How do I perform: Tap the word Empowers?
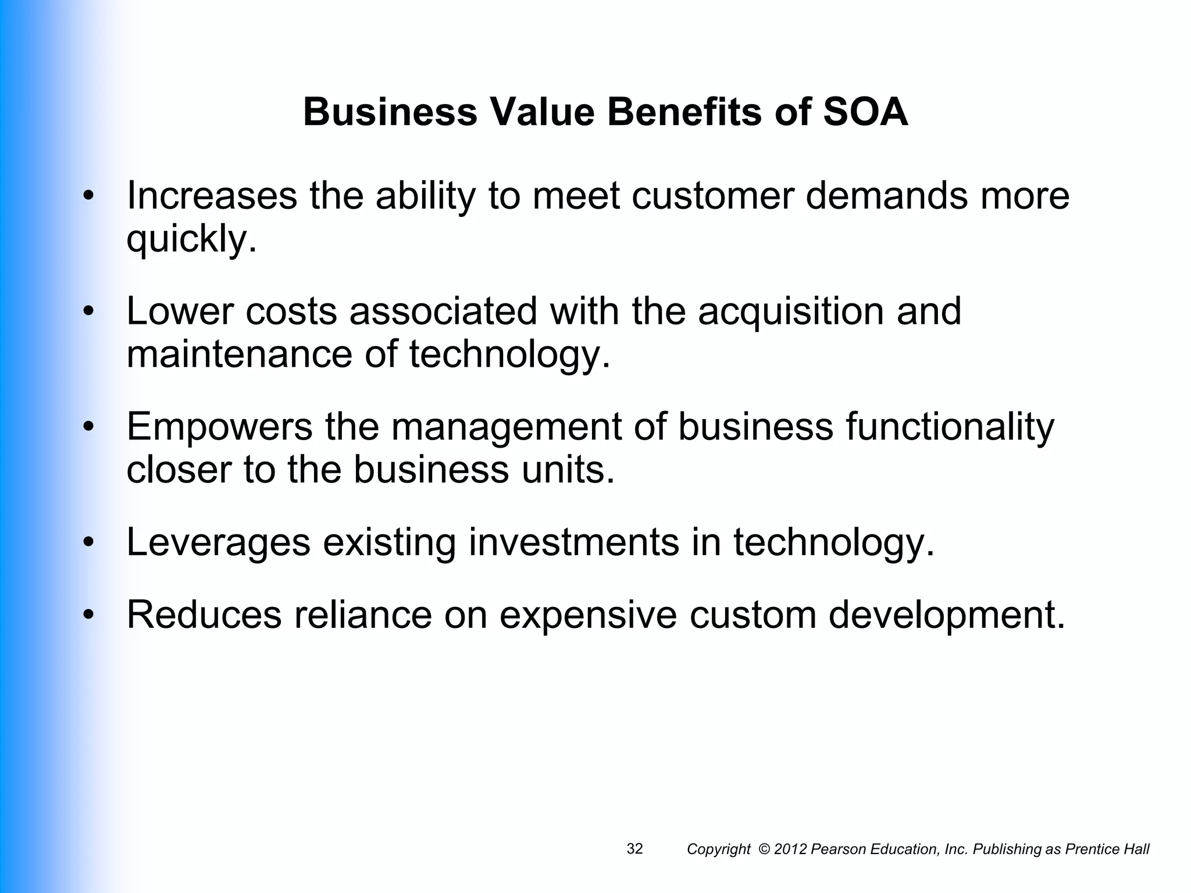click(x=219, y=426)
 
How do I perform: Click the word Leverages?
click(x=218, y=542)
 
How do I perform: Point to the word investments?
click(x=573, y=542)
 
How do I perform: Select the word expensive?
click(x=588, y=615)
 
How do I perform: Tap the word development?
click(x=946, y=615)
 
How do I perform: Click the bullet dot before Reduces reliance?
click(x=88, y=615)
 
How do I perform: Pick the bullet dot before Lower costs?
click(x=88, y=311)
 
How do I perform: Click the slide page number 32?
click(x=634, y=849)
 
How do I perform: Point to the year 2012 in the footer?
click(x=790, y=849)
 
